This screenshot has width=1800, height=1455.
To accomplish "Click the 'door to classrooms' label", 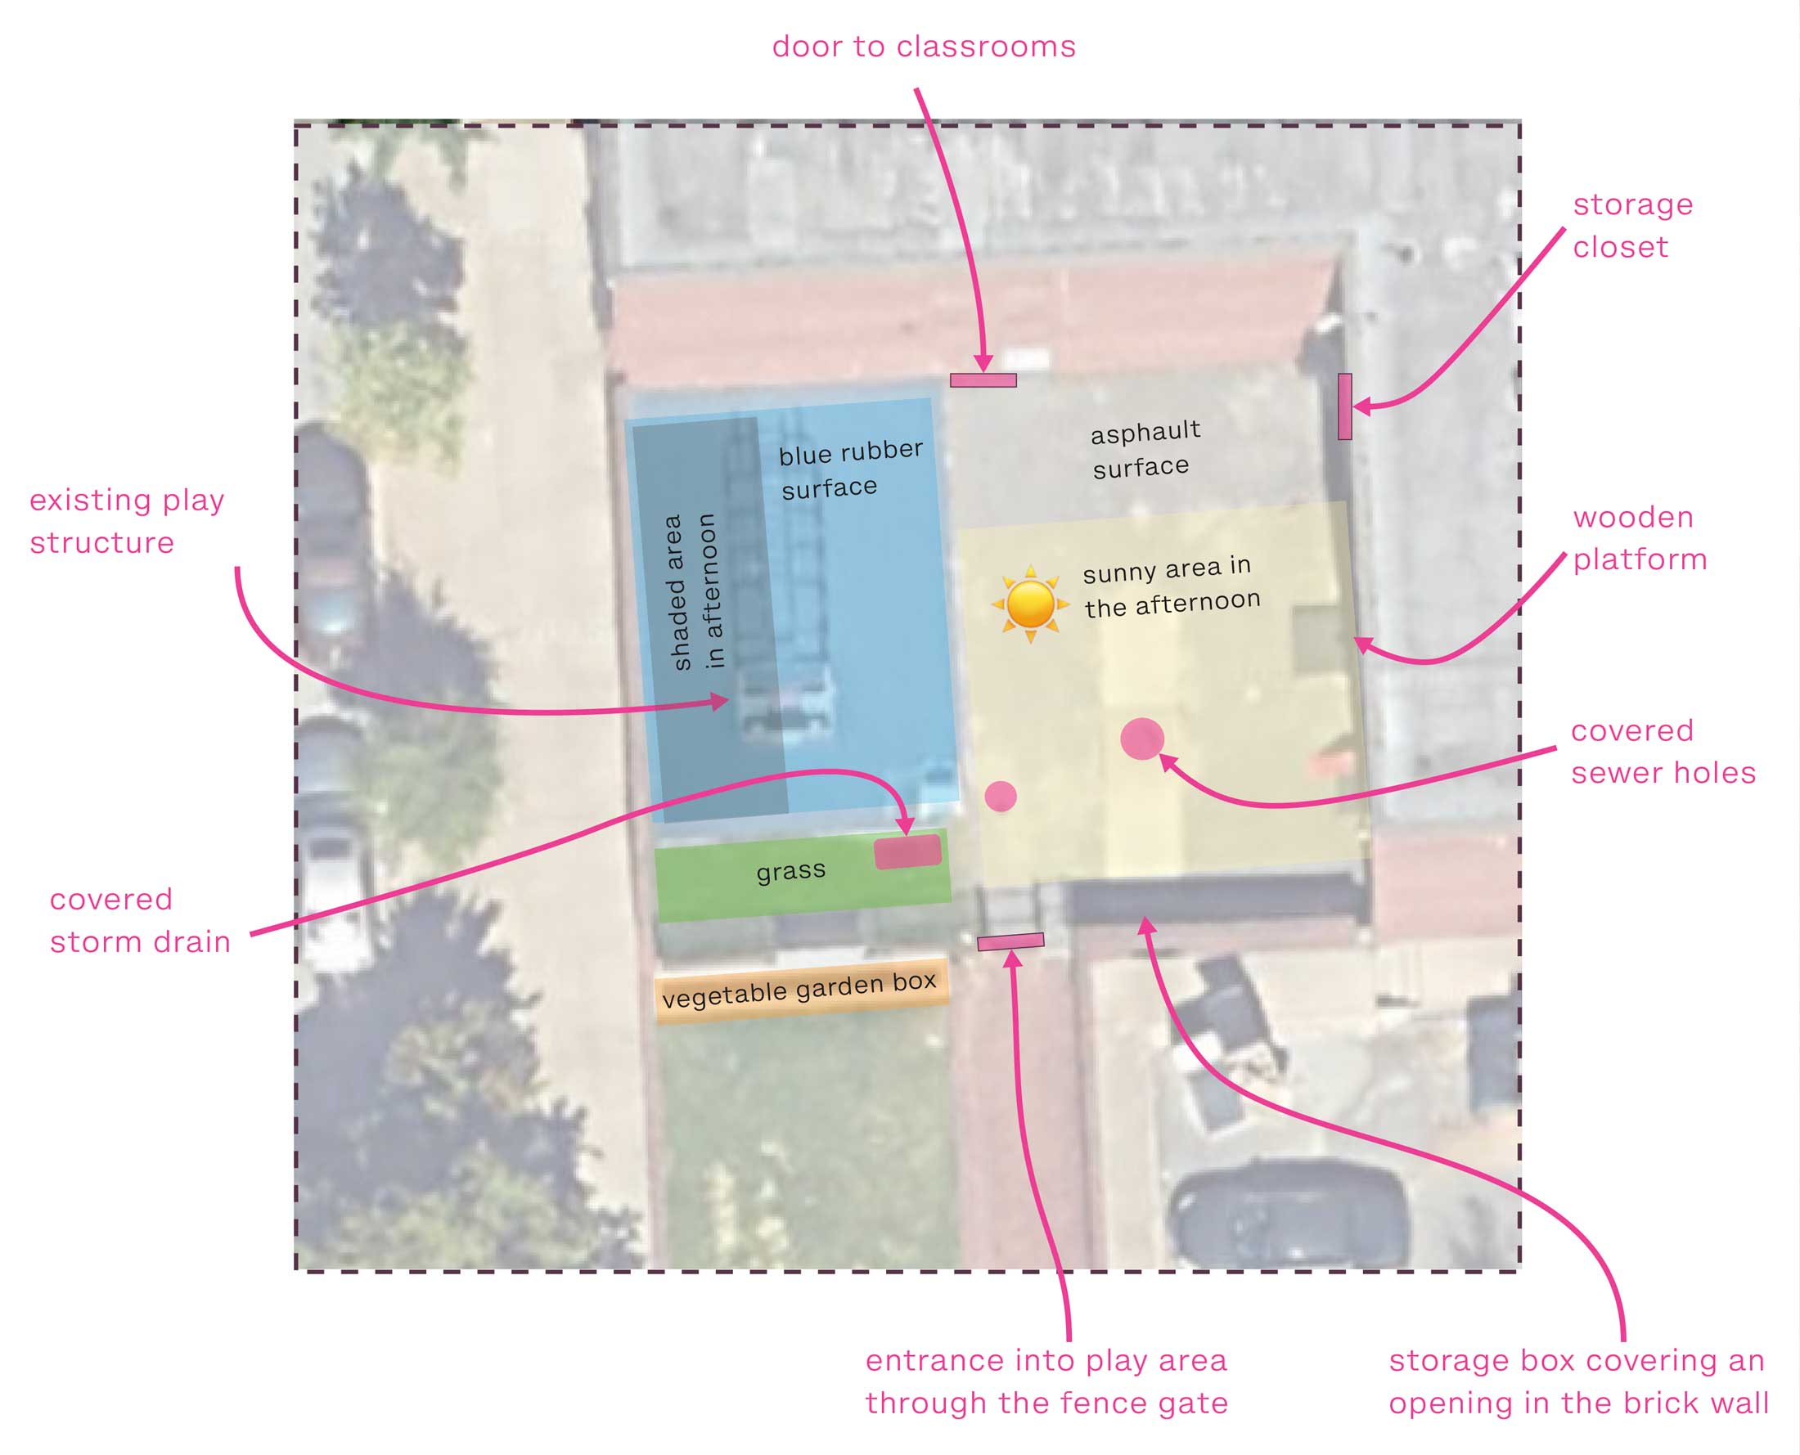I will (923, 46).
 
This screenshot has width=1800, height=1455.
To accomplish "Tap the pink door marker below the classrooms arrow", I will (983, 380).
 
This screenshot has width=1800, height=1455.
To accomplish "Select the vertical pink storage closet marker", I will (1345, 406).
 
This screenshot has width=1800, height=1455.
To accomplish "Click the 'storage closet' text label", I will (1631, 226).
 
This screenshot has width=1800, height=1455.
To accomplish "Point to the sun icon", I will (1030, 604).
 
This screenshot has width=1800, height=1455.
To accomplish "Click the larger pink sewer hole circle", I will (1142, 739).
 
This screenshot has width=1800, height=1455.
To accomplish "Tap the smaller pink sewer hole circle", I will (1000, 797).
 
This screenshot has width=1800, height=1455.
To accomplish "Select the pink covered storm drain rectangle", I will (907, 851).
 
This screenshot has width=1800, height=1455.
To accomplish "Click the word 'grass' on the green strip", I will (790, 872).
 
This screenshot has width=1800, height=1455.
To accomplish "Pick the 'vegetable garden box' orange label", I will (801, 990).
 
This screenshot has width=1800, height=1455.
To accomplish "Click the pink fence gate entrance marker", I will (1010, 942).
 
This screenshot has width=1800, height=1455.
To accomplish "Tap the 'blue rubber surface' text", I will (850, 469).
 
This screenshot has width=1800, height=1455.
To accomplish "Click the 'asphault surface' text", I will (1144, 450).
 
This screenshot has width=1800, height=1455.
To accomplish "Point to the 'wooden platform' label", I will (1639, 538).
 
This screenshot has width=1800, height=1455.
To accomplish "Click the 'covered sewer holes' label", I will (1662, 752).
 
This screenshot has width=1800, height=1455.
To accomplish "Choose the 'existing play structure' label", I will (126, 521).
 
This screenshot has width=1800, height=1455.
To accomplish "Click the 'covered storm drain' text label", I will (139, 921).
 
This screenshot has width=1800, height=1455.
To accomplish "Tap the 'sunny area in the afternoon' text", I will (1170, 586).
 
